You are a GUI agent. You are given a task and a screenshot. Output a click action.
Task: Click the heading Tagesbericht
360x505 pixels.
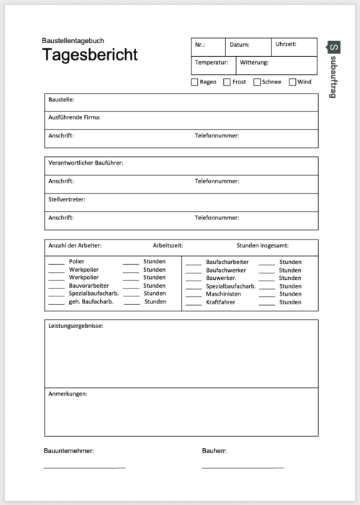click(90, 55)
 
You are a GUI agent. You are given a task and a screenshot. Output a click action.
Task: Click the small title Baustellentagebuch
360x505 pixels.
click(73, 41)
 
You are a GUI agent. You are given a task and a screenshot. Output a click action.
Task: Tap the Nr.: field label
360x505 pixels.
click(199, 45)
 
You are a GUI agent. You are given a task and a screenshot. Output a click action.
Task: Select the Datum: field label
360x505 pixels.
click(239, 45)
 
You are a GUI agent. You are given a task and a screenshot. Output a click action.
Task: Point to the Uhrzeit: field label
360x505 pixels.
click(285, 45)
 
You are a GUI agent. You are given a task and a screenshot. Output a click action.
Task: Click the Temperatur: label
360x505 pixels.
click(211, 63)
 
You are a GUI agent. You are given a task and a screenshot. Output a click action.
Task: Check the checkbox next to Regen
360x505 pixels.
click(194, 82)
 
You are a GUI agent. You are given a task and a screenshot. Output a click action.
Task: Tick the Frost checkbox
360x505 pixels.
click(227, 82)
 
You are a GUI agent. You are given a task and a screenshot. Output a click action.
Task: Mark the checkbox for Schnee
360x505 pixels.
click(257, 82)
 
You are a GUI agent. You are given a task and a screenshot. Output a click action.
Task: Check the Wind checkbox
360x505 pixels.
click(292, 82)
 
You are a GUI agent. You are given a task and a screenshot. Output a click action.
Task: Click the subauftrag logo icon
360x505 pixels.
click(333, 47)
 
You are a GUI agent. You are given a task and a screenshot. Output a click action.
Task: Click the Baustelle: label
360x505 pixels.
click(61, 100)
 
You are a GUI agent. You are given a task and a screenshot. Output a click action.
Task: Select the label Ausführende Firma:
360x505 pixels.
click(74, 117)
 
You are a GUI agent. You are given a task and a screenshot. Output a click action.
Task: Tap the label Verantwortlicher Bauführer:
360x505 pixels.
click(86, 163)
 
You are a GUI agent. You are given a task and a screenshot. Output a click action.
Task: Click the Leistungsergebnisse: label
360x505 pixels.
click(76, 327)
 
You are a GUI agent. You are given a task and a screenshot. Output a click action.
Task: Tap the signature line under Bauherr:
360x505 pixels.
click(243, 468)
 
